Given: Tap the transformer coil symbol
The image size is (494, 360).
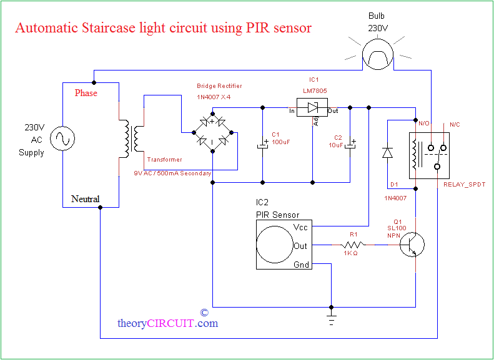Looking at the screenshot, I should [132, 139].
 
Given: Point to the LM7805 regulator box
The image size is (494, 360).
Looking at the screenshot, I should [312, 108].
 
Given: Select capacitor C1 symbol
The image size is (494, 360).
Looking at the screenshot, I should [262, 145].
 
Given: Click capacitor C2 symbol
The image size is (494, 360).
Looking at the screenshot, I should [350, 145].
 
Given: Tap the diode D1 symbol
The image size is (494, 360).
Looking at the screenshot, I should [387, 152].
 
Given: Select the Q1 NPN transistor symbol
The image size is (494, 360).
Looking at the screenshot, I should [412, 245].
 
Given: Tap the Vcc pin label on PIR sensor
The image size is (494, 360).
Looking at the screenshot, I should [300, 228].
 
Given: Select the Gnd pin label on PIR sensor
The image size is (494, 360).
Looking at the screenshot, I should [301, 265].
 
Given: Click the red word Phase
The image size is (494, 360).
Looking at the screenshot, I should [86, 93].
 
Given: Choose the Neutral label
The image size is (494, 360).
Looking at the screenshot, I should [85, 199].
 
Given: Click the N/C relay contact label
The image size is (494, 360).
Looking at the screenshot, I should [454, 124].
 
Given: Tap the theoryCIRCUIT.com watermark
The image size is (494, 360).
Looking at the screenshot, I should [167, 323].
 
